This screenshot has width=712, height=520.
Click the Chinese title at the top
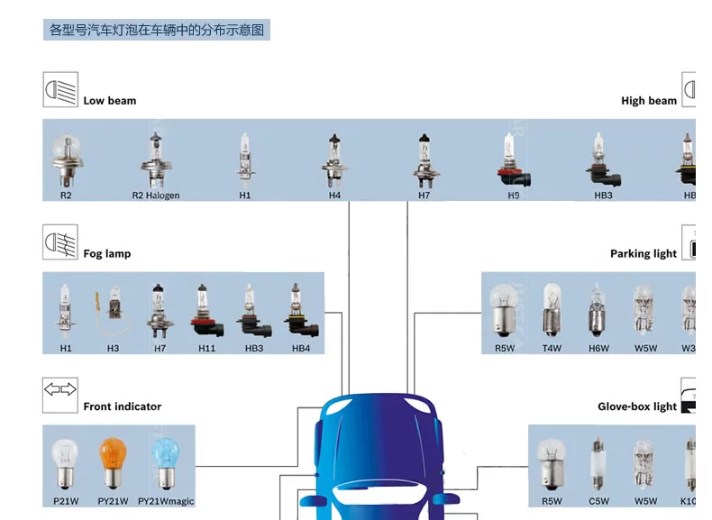pyautogui.click(x=157, y=30)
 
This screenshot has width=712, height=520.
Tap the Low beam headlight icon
pyautogui.click(x=60, y=90)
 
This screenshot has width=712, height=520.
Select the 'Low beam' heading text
pyautogui.click(x=110, y=101)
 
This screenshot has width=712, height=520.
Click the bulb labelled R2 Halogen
pyautogui.click(x=155, y=160)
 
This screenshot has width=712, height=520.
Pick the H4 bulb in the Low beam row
pyautogui.click(x=334, y=160)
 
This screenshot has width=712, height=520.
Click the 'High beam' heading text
pyautogui.click(x=648, y=101)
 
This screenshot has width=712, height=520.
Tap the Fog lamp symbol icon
pyautogui.click(x=60, y=242)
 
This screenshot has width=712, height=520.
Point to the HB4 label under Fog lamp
pyautogui.click(x=301, y=348)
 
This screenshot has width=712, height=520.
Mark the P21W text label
pyautogui.click(x=65, y=501)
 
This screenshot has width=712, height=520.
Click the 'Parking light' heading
pyautogui.click(x=643, y=254)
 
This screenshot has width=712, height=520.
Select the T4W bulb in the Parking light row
pyautogui.click(x=552, y=310)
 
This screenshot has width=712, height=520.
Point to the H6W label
pyautogui.click(x=598, y=348)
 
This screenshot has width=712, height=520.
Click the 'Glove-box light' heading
pyautogui.click(x=636, y=406)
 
